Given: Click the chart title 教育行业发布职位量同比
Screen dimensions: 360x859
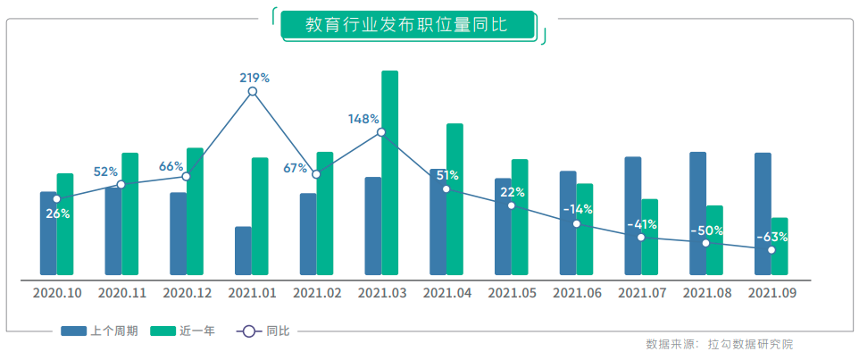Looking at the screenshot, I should point(406,25).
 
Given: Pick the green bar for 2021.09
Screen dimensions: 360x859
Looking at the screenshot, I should point(779,246).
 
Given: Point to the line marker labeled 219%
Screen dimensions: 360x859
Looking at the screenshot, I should point(253,91).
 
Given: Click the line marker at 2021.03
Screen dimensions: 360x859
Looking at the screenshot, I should point(381,132).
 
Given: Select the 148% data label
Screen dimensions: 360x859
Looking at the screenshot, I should point(363,119).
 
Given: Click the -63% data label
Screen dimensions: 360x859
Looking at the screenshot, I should point(771,237).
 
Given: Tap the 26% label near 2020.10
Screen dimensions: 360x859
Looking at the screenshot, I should point(57,213).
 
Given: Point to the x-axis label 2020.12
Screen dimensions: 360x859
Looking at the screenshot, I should point(188,292).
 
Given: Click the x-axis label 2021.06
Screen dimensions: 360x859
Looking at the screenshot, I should point(577,292).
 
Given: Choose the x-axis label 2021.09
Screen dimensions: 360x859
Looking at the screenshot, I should point(771,292).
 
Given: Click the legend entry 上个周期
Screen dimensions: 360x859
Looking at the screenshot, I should point(100,331).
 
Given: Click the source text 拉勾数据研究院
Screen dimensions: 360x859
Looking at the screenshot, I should point(750,344).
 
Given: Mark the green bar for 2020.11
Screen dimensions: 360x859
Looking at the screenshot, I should point(129,213).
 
